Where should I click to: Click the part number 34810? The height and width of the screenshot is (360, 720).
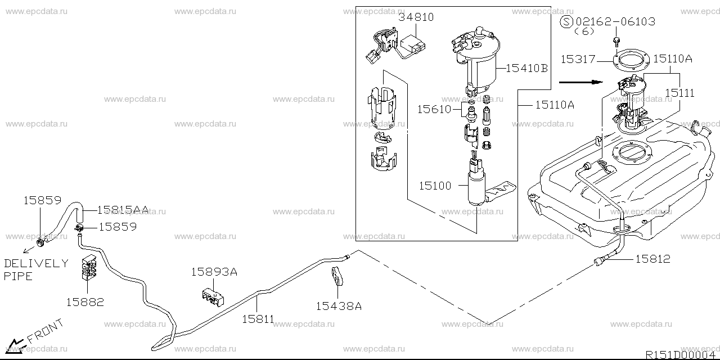coord(416,17)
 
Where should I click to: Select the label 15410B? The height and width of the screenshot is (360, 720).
coord(526,69)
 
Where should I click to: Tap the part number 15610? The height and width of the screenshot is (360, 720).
coord(434,109)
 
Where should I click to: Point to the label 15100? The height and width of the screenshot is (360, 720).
coord(435,185)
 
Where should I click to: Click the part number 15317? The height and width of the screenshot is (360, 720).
coord(577,58)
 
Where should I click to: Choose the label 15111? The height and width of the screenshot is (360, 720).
coord(679,93)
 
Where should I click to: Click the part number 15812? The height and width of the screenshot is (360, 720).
coord(653,259)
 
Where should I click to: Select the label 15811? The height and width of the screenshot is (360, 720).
coord(258,319)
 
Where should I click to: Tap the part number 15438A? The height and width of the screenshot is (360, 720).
coord(338,306)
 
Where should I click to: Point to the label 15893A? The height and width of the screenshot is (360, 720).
coord(214,272)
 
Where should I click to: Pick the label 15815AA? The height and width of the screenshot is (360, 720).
coord(123,210)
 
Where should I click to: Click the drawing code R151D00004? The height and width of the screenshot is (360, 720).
coord(681,355)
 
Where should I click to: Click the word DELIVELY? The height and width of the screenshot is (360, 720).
coord(36,263)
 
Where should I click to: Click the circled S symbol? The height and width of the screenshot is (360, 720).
coord(567,21)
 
